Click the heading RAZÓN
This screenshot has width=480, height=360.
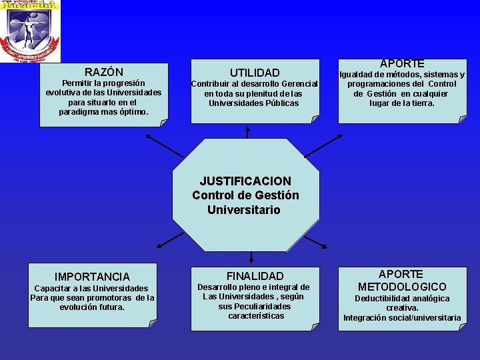click(x=103, y=71)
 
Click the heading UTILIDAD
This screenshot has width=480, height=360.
click(x=255, y=72)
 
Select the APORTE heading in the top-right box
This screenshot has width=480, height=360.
click(x=401, y=63)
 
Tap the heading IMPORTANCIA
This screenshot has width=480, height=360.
click(x=92, y=277)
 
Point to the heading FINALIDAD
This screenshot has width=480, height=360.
click(x=255, y=276)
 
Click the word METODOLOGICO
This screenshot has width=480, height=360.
click(x=402, y=287)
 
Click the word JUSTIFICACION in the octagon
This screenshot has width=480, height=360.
click(x=245, y=181)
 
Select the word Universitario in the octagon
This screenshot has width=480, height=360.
click(x=245, y=209)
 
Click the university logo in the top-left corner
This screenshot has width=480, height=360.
click(x=30, y=31)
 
